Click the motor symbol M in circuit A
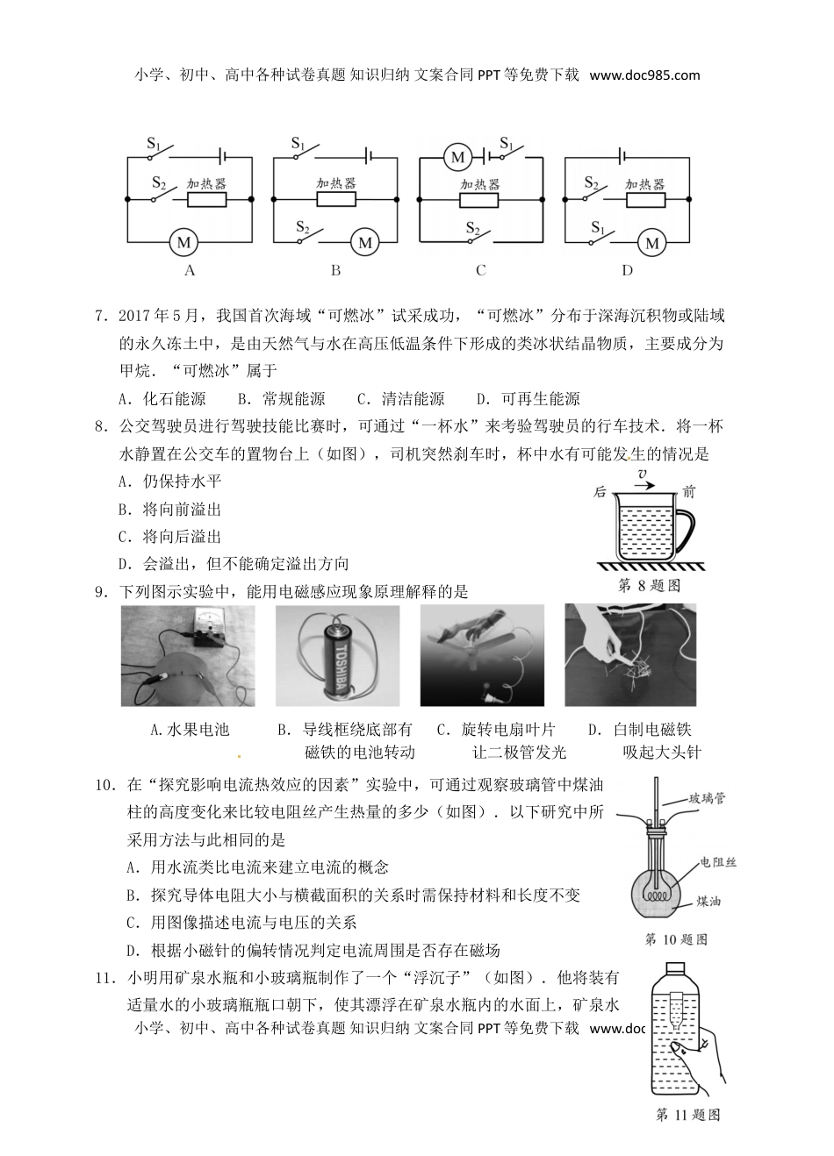184,241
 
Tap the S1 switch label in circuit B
298,144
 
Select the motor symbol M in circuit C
457,157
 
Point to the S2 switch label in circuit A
159,182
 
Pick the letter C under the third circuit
480,270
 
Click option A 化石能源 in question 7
163,399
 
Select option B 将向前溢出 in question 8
170,509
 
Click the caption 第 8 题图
649,586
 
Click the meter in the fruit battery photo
208,627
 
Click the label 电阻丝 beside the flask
718,862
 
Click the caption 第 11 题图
687,1115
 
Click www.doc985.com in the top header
645,75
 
